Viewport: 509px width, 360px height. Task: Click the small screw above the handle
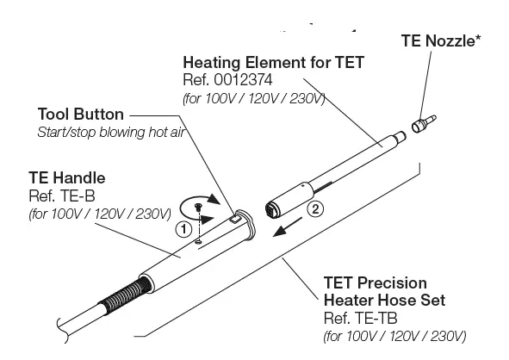coord(200,208)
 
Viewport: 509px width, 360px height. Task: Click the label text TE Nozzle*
coord(440,40)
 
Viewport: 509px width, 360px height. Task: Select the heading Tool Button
coord(81,115)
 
